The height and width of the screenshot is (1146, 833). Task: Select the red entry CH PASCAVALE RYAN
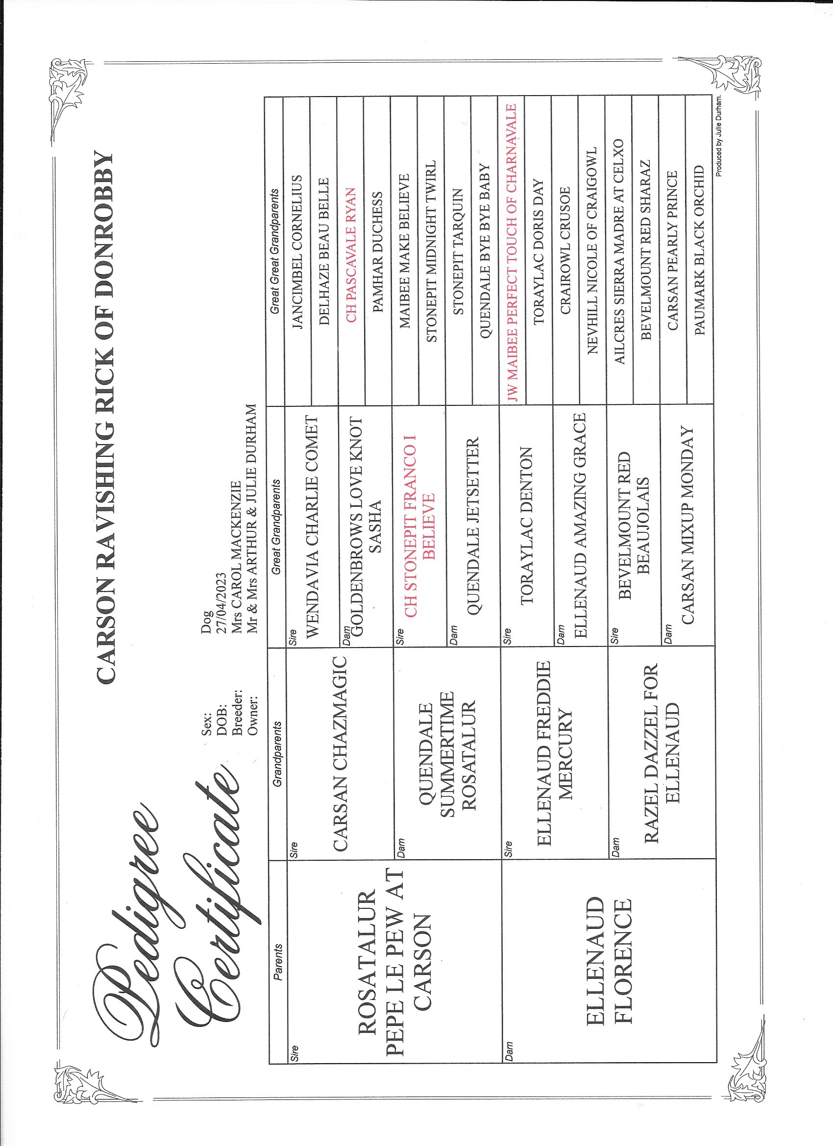tap(351, 255)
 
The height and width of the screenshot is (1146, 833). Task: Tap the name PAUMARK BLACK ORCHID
tap(699, 249)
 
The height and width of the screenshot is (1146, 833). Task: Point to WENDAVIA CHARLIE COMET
tap(313, 525)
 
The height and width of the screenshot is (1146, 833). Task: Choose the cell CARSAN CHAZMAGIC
tap(340, 753)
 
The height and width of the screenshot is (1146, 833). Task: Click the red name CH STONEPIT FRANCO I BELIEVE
tap(419, 525)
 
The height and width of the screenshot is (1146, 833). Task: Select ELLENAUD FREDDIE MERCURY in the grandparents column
tap(553, 753)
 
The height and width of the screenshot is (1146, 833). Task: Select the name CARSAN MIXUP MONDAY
tap(686, 525)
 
